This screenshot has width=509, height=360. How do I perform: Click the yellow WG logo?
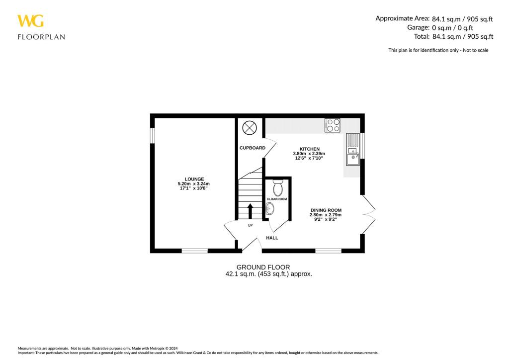point(30,21)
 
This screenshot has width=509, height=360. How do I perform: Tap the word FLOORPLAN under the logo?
point(41,37)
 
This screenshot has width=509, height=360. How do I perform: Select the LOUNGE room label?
point(194,179)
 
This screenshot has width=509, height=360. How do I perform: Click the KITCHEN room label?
point(309,149)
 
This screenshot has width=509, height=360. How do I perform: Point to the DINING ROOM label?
point(326,210)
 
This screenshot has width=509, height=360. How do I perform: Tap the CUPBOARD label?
point(252,148)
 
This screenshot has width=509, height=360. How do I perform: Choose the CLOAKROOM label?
point(277,199)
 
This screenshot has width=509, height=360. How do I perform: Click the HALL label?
point(272,238)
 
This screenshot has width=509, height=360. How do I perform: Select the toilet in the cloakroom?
point(278,187)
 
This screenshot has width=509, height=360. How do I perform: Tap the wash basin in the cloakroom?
point(270,210)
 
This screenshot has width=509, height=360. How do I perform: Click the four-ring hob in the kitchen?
point(333,125)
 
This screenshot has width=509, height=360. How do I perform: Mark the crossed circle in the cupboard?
point(249,128)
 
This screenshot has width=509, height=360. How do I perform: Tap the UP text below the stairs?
point(250,225)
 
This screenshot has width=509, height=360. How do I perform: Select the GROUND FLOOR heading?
point(263,267)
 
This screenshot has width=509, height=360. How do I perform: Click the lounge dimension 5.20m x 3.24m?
point(194,184)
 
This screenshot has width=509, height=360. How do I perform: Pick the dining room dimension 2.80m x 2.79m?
point(326,215)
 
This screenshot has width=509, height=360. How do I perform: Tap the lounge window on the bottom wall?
point(194,251)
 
